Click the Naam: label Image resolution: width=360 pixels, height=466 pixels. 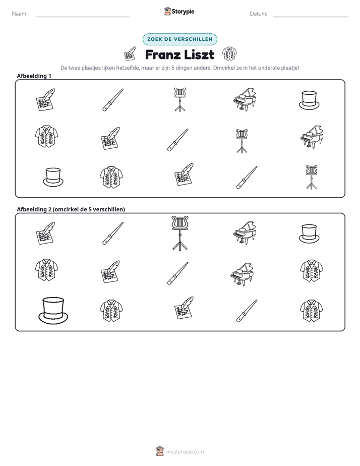coord(20,14)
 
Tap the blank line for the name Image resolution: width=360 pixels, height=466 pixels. coord(83,17)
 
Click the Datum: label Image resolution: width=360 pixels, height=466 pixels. coord(258,14)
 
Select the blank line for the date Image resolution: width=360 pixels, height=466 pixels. coord(311,17)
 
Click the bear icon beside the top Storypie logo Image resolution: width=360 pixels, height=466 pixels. coord(167,11)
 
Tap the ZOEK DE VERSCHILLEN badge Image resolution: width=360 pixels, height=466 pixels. coord(179,39)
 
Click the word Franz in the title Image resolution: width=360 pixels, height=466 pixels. coord(163,54)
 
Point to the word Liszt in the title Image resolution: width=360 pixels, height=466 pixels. coord(199,54)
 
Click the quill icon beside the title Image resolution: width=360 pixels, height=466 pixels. coord(130,54)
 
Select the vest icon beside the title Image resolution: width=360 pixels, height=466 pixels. coord(229,54)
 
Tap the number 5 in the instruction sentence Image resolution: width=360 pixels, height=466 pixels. coord(173,68)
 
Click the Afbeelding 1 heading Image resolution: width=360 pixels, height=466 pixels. coord(34,76)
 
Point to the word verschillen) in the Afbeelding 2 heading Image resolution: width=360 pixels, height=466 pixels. coord(109,209)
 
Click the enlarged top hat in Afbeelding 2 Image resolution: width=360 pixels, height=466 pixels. coord(53,311)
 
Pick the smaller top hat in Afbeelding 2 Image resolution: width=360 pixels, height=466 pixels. coord(309,234)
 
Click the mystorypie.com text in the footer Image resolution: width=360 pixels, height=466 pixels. coord(185,452)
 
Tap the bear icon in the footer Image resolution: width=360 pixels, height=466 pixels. coord(160,451)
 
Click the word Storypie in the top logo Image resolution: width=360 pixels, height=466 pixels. coord(183,12)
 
